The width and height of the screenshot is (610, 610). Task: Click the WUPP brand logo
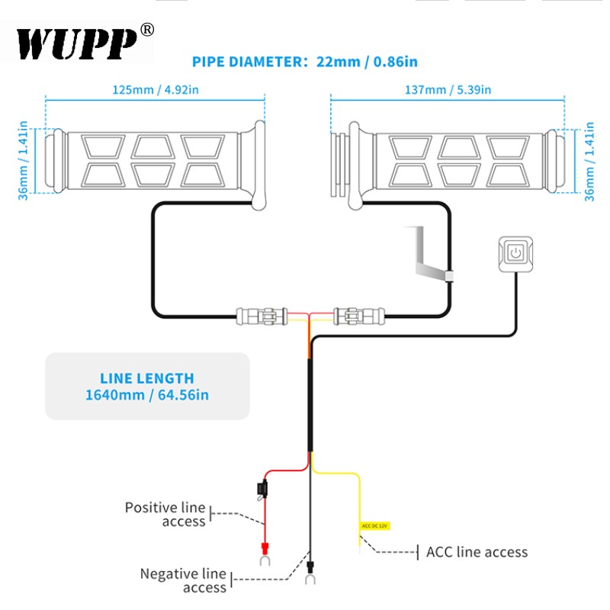(76, 43)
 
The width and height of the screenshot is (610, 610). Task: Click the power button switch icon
(516, 252)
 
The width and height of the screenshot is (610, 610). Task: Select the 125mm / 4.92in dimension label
(156, 90)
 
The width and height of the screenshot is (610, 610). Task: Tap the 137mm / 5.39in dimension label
(448, 90)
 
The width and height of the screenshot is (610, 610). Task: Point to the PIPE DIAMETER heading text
(247, 63)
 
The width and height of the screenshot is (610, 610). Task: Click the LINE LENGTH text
(147, 378)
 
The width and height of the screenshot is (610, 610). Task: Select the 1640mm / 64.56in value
(147, 395)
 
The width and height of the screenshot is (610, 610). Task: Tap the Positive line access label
(165, 515)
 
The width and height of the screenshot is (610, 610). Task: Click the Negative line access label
(183, 580)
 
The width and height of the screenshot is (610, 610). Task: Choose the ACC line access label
(477, 552)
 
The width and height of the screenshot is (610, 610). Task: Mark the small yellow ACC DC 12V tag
(374, 525)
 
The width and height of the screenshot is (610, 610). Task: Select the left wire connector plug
(262, 314)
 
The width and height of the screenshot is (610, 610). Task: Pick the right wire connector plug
(360, 314)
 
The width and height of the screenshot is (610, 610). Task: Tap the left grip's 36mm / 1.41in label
(23, 160)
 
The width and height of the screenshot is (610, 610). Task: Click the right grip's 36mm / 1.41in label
(589, 160)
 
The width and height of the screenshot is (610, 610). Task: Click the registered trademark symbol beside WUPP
(147, 30)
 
